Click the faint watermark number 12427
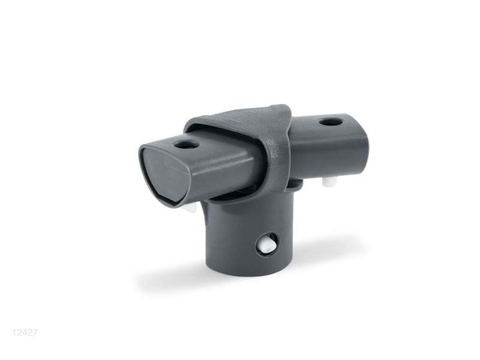pyautogui.click(x=24, y=333)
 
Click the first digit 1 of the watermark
pyautogui.click(x=14, y=333)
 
